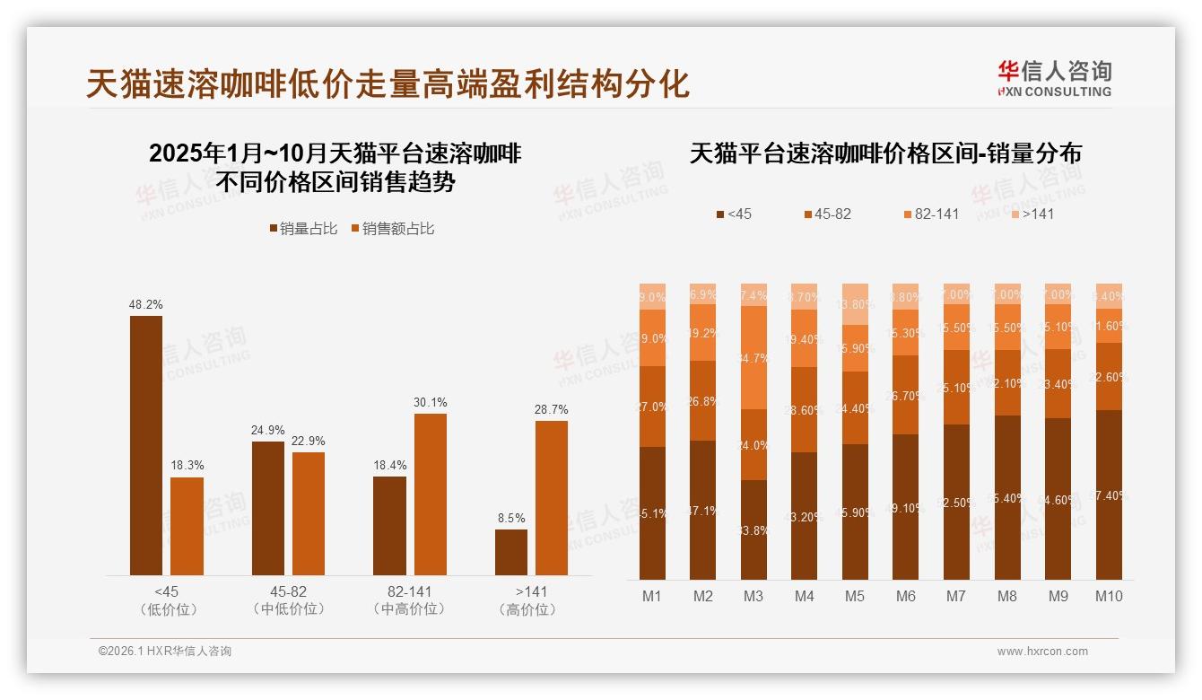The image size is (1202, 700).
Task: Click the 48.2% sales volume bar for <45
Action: click(146, 445)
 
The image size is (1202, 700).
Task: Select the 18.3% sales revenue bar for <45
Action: click(187, 526)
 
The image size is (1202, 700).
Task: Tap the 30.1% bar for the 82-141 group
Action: click(430, 494)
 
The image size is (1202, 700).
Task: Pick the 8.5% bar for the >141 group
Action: click(511, 552)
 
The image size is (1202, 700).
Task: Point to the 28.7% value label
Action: click(552, 410)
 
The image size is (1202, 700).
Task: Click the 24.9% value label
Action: click(267, 431)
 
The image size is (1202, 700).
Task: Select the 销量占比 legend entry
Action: click(303, 229)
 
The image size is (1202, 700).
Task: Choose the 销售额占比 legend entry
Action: click(392, 229)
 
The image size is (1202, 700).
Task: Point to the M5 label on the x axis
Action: click(855, 596)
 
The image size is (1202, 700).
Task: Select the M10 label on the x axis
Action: click(1109, 596)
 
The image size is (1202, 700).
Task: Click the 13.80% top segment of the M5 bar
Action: click(855, 304)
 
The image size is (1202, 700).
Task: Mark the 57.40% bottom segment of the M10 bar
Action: click(1109, 494)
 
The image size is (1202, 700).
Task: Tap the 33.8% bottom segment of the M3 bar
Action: click(753, 529)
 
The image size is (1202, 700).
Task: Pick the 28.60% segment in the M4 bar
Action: click(805, 409)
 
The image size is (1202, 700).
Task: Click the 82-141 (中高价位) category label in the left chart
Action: click(409, 600)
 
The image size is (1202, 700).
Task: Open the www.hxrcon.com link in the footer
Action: click(1042, 652)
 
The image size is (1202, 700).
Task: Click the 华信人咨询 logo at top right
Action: click(1054, 78)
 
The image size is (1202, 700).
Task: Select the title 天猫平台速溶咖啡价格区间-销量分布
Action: click(885, 153)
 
